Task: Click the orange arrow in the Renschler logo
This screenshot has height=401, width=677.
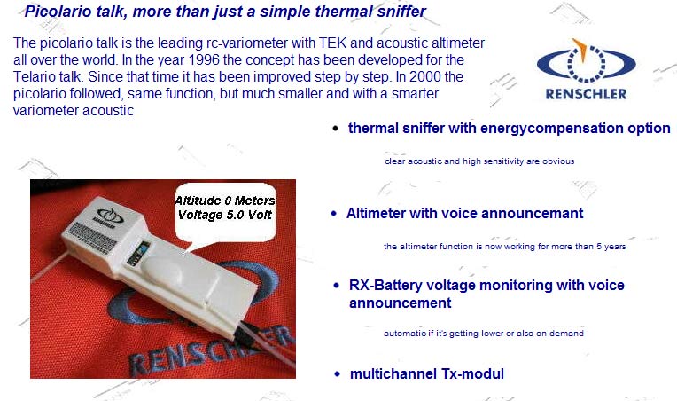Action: [x=580, y=50]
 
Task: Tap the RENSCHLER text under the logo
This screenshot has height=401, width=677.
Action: [x=586, y=94]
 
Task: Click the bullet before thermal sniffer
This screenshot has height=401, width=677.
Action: [x=336, y=129]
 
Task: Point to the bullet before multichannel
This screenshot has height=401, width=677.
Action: [x=338, y=374]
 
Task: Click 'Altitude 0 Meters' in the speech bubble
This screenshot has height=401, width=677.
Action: [x=224, y=200]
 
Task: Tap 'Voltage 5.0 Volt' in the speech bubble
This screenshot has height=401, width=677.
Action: [x=224, y=215]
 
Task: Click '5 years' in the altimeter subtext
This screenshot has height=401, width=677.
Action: [x=611, y=247]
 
